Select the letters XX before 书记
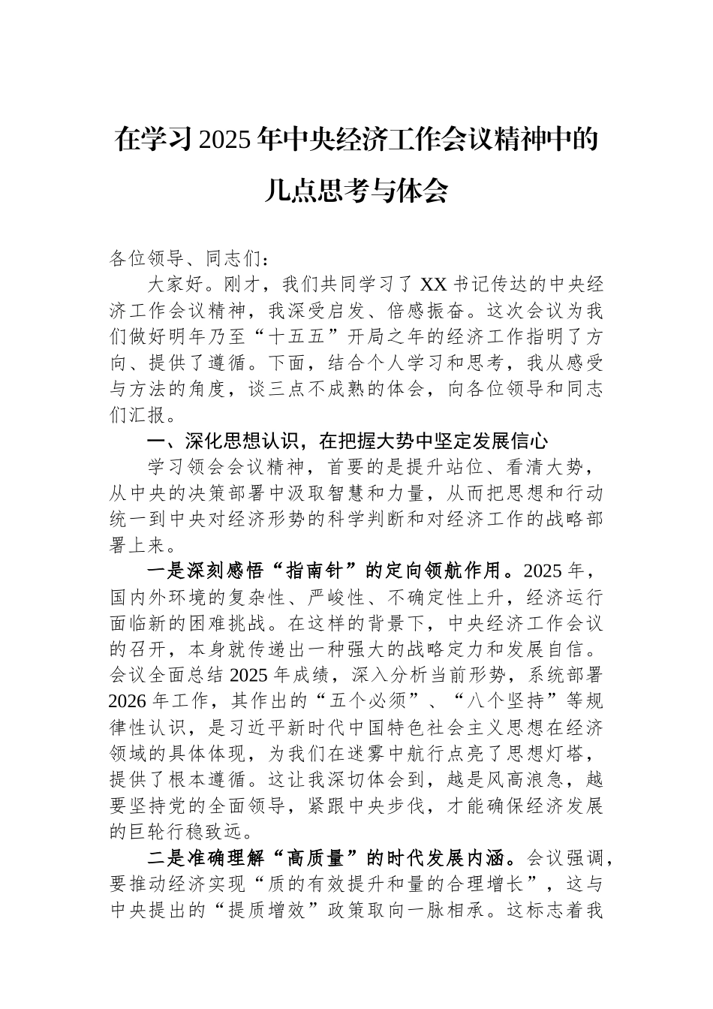tap(433, 285)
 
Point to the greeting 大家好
tap(175, 285)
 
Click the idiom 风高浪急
tap(513, 780)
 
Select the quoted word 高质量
tap(317, 858)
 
